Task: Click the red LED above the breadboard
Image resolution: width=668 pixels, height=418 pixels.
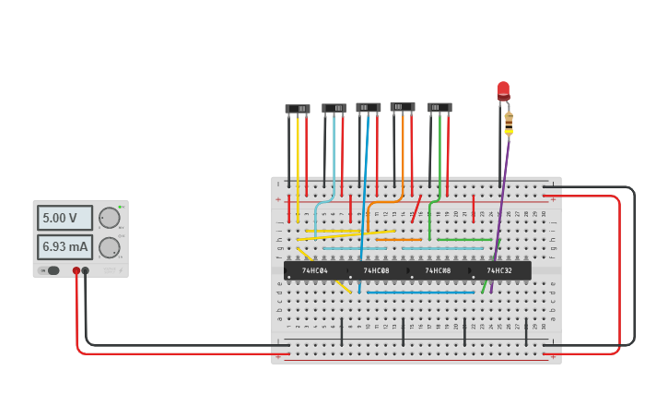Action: (x=503, y=90)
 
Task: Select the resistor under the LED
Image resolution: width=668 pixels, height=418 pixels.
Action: (x=509, y=122)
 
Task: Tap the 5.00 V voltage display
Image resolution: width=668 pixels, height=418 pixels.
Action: (x=64, y=218)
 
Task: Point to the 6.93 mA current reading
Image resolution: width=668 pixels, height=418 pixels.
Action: (x=64, y=247)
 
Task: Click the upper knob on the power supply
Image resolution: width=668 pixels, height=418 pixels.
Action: (x=109, y=218)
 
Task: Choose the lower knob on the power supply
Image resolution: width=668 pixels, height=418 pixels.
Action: (x=109, y=247)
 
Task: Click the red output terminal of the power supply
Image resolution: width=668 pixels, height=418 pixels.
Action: (x=76, y=271)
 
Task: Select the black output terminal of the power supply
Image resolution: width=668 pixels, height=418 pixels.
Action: (x=86, y=271)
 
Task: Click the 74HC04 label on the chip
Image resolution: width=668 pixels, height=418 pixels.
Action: (x=315, y=270)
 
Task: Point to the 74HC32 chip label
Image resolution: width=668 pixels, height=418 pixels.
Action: (x=499, y=270)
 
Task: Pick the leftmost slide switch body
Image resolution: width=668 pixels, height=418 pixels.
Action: (x=298, y=109)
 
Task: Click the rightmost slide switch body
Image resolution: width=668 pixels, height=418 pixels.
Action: (x=439, y=108)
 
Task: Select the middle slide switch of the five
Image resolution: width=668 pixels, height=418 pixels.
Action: (x=369, y=108)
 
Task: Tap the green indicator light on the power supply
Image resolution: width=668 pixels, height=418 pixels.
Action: (x=120, y=208)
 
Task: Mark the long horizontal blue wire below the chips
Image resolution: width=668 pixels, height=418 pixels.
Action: (x=420, y=293)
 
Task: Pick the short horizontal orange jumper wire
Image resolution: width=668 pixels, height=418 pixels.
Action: (x=398, y=240)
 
